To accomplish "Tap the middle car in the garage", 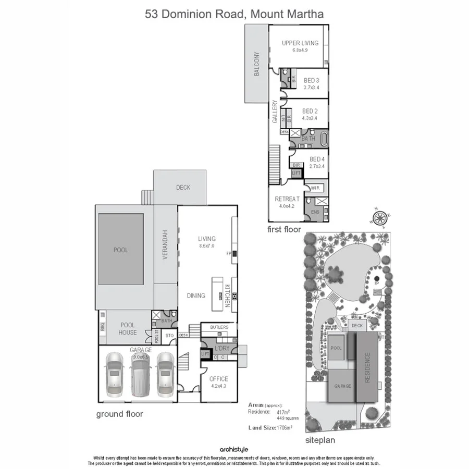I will click(140, 374).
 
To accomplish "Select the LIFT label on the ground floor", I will click(205, 354).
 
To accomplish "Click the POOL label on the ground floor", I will click(120, 250).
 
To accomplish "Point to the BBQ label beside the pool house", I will click(102, 327).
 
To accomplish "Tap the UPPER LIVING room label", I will click(300, 43).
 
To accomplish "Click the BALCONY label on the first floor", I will click(256, 64).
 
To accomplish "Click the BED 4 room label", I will click(317, 159).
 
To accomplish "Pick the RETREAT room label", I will click(287, 199).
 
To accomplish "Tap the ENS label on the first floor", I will click(315, 212).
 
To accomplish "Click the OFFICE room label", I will click(219, 379).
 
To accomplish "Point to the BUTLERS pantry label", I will click(219, 327).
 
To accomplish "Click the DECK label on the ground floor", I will click(183, 188).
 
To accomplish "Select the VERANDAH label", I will click(165, 245).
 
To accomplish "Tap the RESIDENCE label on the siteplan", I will click(367, 368).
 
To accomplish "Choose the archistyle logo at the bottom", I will click(234, 449).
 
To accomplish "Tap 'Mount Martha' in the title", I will click(287, 14).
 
